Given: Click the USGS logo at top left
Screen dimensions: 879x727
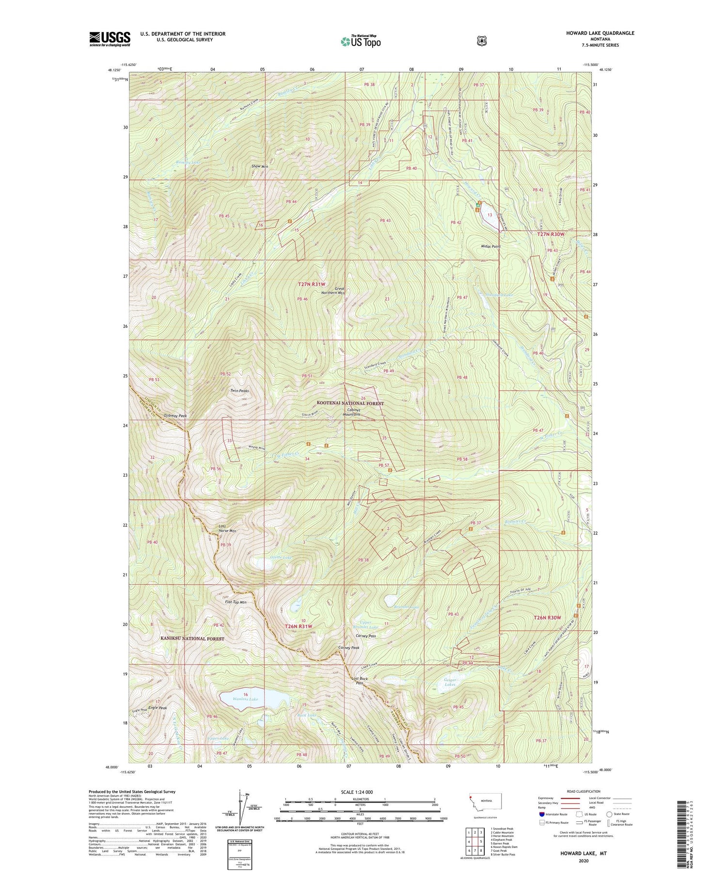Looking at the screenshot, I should [x=110, y=39].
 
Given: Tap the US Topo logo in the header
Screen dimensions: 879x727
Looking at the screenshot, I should [x=361, y=41].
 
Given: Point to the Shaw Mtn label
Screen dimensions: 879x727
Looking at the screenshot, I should [x=260, y=166].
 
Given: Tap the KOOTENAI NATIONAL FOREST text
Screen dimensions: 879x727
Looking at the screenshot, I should [x=350, y=403].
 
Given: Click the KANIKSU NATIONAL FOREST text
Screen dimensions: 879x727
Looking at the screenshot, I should [x=192, y=639].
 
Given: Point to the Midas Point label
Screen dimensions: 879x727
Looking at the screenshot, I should [x=490, y=246].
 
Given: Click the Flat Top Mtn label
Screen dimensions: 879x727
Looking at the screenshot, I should [x=236, y=602].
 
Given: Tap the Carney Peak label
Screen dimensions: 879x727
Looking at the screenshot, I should [x=348, y=648].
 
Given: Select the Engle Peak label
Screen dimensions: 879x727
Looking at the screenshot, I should [x=158, y=708].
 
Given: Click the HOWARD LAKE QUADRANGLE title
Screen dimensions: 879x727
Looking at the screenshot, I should [x=600, y=33].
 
